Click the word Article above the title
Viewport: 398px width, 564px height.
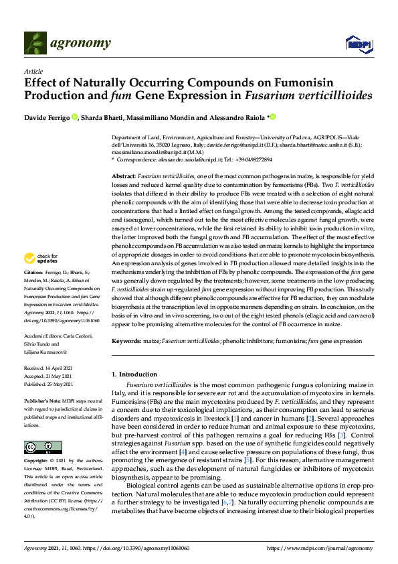33,71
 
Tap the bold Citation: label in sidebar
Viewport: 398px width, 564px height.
33,273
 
